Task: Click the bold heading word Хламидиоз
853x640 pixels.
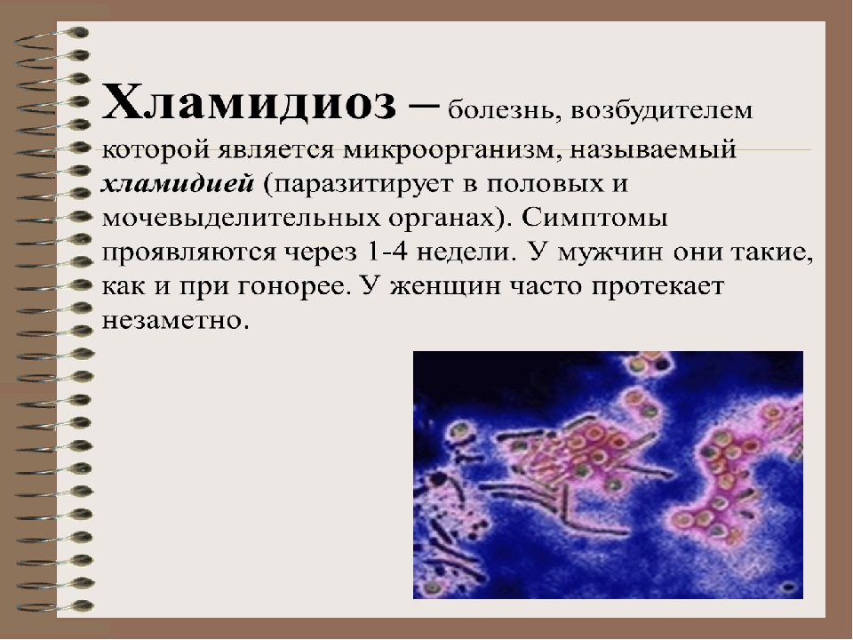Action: click(x=249, y=102)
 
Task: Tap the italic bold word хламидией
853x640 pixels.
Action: click(x=178, y=184)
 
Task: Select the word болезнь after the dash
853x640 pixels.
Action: click(x=505, y=111)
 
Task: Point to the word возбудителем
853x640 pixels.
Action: click(x=662, y=111)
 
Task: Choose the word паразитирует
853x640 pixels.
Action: click(x=363, y=185)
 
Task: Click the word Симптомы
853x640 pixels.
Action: click(x=594, y=219)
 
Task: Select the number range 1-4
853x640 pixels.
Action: click(x=387, y=252)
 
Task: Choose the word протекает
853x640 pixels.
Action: click(x=658, y=287)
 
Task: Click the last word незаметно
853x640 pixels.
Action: click(x=175, y=321)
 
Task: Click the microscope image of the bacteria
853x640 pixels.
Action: click(x=608, y=475)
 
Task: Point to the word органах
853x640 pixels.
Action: click(x=450, y=219)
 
